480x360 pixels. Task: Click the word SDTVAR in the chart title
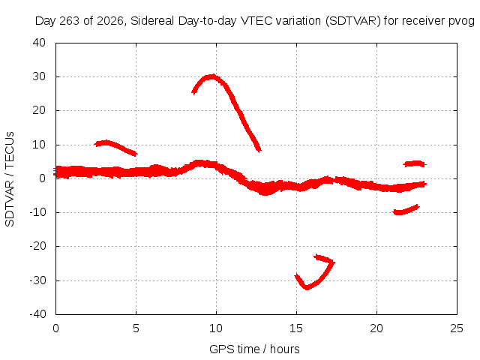[x=353, y=21]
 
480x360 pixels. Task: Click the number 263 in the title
[x=70, y=21]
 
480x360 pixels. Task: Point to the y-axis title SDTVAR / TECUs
[x=10, y=179]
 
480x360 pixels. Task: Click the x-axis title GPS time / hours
[x=254, y=349]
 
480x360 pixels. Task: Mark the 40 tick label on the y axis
[x=39, y=43]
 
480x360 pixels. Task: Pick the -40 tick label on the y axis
[x=37, y=314]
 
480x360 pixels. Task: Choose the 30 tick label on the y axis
[x=39, y=76]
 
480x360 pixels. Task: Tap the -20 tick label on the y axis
[x=37, y=246]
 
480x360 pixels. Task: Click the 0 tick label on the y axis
[x=42, y=178]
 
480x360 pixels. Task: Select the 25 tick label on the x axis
[x=457, y=328]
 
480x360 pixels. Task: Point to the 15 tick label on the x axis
[x=296, y=328]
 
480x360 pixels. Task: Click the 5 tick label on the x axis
[x=136, y=328]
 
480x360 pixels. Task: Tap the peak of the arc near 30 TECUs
[x=211, y=76]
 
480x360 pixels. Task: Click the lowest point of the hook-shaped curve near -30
[x=307, y=288]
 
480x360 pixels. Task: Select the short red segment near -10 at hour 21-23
[x=406, y=210]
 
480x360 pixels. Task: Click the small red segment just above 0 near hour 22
[x=415, y=163]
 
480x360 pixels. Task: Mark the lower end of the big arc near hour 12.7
[x=259, y=150]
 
